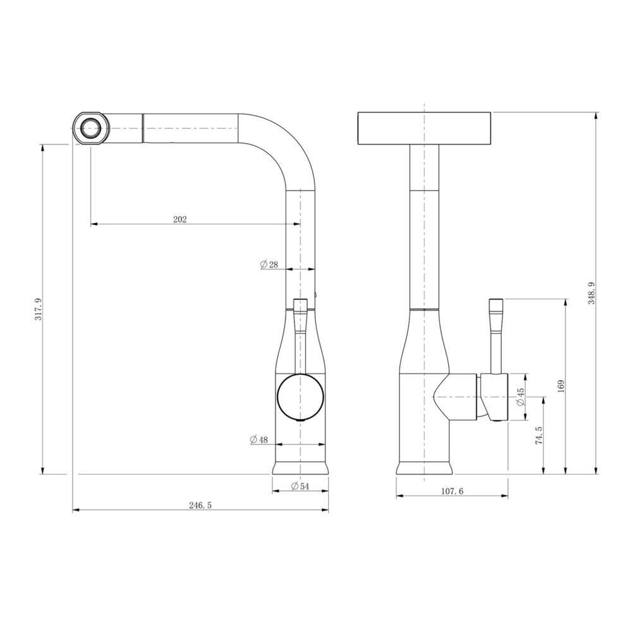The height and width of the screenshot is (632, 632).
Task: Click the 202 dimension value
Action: (x=179, y=219)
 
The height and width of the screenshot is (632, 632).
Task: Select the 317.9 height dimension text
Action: (x=39, y=309)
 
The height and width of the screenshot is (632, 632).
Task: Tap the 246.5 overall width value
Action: (x=200, y=506)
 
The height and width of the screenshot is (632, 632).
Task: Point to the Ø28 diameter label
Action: (x=269, y=264)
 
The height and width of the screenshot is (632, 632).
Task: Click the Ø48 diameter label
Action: (x=258, y=439)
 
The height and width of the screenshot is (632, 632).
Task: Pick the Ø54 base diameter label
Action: (x=300, y=486)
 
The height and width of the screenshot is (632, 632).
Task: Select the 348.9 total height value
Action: (x=592, y=293)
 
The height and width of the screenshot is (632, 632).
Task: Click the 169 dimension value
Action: (x=561, y=386)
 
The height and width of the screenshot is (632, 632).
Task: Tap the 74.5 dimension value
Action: (x=538, y=435)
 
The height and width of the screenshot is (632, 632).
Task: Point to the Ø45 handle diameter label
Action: (x=520, y=397)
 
